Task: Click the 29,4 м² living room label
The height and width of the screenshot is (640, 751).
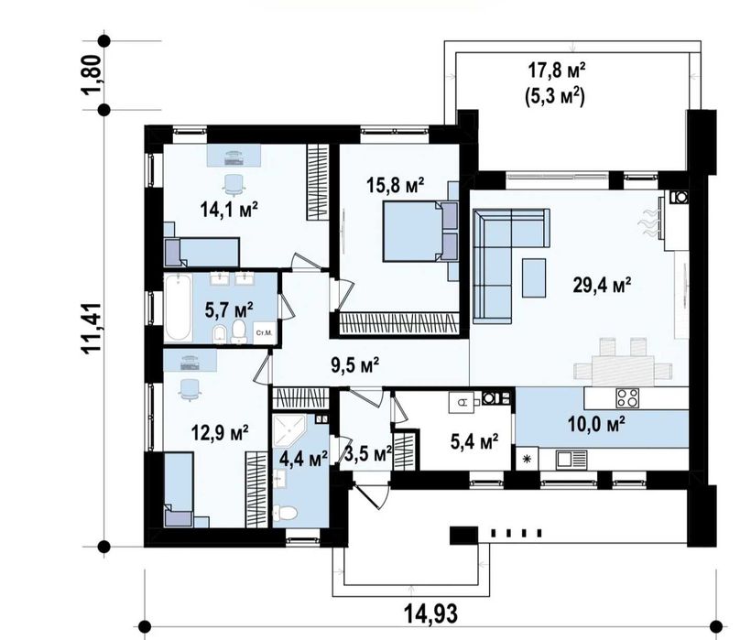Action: click(602, 285)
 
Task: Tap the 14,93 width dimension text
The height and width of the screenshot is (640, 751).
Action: click(430, 613)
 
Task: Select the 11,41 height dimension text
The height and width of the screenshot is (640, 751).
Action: click(93, 329)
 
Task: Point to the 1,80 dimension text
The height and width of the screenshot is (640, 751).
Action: click(93, 75)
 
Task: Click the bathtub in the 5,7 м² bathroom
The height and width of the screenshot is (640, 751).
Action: click(178, 307)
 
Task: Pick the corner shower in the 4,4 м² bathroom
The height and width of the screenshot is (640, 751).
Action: click(288, 430)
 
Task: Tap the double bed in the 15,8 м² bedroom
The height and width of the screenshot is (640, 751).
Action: click(420, 232)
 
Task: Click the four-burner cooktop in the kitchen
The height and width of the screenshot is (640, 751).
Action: click(627, 397)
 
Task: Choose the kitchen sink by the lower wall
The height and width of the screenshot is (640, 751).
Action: click(571, 460)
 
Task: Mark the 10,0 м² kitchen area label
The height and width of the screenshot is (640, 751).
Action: click(596, 424)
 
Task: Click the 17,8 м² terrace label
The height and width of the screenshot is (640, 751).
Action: click(557, 71)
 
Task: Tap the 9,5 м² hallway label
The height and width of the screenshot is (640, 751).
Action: click(355, 365)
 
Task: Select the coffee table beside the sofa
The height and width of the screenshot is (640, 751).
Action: click(534, 277)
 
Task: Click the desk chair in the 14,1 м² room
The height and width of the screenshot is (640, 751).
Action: click(234, 185)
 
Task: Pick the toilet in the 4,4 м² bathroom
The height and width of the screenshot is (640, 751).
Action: click(285, 513)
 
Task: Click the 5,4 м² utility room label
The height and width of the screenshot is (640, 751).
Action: click(474, 441)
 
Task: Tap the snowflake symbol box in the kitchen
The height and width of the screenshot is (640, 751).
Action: click(527, 460)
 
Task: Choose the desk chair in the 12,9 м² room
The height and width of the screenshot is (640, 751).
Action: click(190, 389)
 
